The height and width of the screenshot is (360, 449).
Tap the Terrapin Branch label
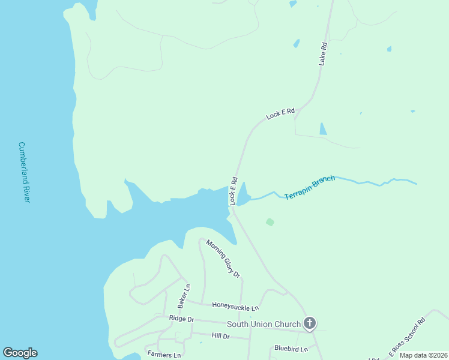coord(309,187)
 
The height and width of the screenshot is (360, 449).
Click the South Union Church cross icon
coord(310,324)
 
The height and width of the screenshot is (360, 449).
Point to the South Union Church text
coord(264,325)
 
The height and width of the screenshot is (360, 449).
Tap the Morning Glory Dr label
coord(223,259)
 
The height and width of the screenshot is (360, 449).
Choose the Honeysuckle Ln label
coord(235,306)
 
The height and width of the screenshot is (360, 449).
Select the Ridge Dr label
coord(181,319)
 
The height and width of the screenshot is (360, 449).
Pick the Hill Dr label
coord(221,336)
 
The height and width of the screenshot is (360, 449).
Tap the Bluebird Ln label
coord(291,349)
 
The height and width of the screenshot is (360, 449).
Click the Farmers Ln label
coord(164,355)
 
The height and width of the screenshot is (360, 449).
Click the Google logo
coord(20,353)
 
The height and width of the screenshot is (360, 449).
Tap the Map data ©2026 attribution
coord(423,355)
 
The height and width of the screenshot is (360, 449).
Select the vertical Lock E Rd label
coord(233,191)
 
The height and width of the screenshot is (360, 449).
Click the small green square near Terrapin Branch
coord(270,222)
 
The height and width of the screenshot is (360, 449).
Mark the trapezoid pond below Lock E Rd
coord(323,128)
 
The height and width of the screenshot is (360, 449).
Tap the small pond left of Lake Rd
coord(296,43)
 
